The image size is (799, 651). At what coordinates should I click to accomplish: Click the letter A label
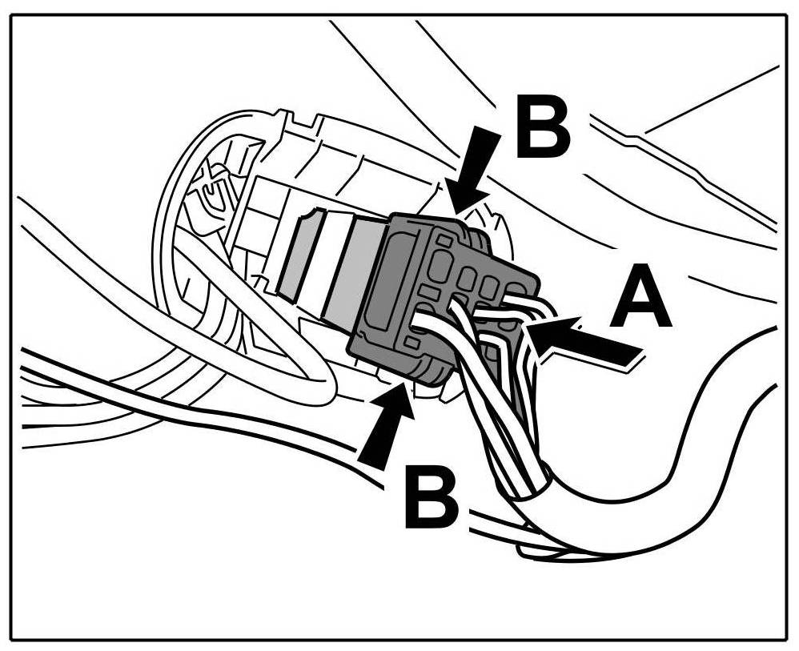click(x=640, y=299)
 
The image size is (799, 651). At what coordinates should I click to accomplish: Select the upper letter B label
click(x=543, y=127)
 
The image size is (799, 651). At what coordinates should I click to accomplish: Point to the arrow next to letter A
click(x=588, y=340)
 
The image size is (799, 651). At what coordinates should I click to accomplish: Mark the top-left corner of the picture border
click(x=11, y=14)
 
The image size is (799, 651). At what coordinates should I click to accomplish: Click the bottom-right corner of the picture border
click(x=787, y=638)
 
